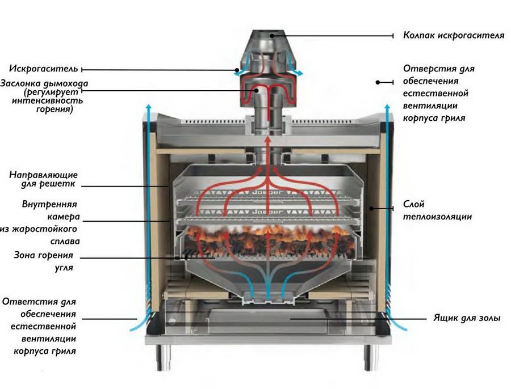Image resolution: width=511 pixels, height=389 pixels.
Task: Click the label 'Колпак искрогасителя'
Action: point(453,35)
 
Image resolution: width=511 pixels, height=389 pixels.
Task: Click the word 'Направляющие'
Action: point(44,175)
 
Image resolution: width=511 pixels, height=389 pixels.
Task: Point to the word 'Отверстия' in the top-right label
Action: point(426,69)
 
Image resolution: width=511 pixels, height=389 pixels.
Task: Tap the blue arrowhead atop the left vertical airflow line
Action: point(149,105)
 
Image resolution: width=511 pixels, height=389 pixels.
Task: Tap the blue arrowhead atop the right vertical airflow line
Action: point(388,105)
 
